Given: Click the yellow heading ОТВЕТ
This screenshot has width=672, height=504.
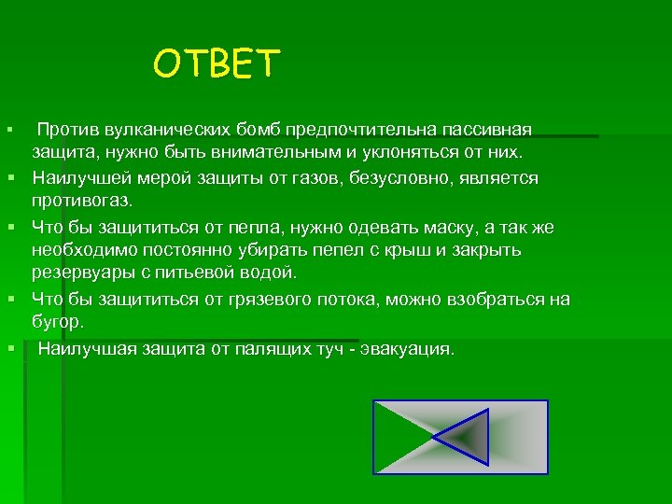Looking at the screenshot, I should coord(217,64).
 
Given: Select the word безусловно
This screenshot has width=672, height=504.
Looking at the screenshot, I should coord(406,177).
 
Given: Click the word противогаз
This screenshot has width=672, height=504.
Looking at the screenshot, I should coord(82,201).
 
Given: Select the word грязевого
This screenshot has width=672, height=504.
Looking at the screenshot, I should coord(300,299).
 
